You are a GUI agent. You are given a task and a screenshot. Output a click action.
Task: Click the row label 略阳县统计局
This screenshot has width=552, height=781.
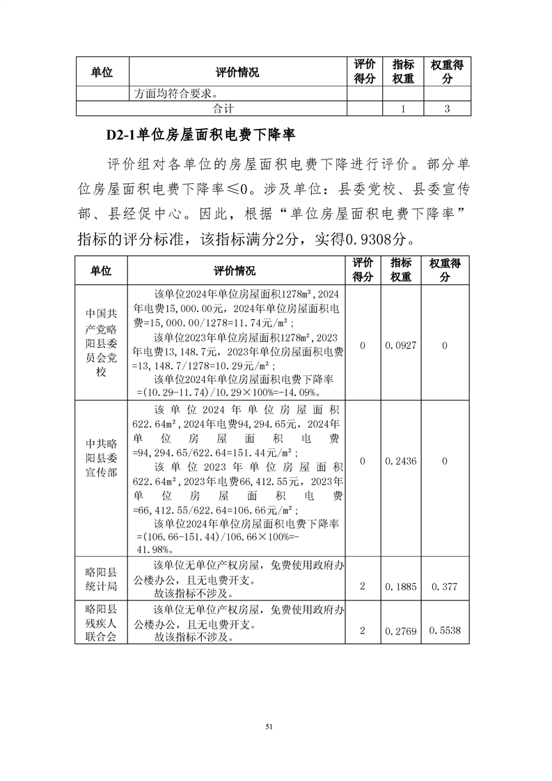point(103,579)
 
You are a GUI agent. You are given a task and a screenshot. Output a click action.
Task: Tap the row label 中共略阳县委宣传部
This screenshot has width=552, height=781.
point(103,461)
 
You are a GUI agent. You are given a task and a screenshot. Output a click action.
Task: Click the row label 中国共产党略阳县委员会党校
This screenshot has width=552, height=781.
point(103,344)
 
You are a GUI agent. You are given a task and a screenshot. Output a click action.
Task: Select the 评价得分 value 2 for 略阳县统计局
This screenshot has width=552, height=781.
point(363,587)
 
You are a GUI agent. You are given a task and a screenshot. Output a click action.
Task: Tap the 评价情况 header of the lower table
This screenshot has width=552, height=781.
point(235,270)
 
